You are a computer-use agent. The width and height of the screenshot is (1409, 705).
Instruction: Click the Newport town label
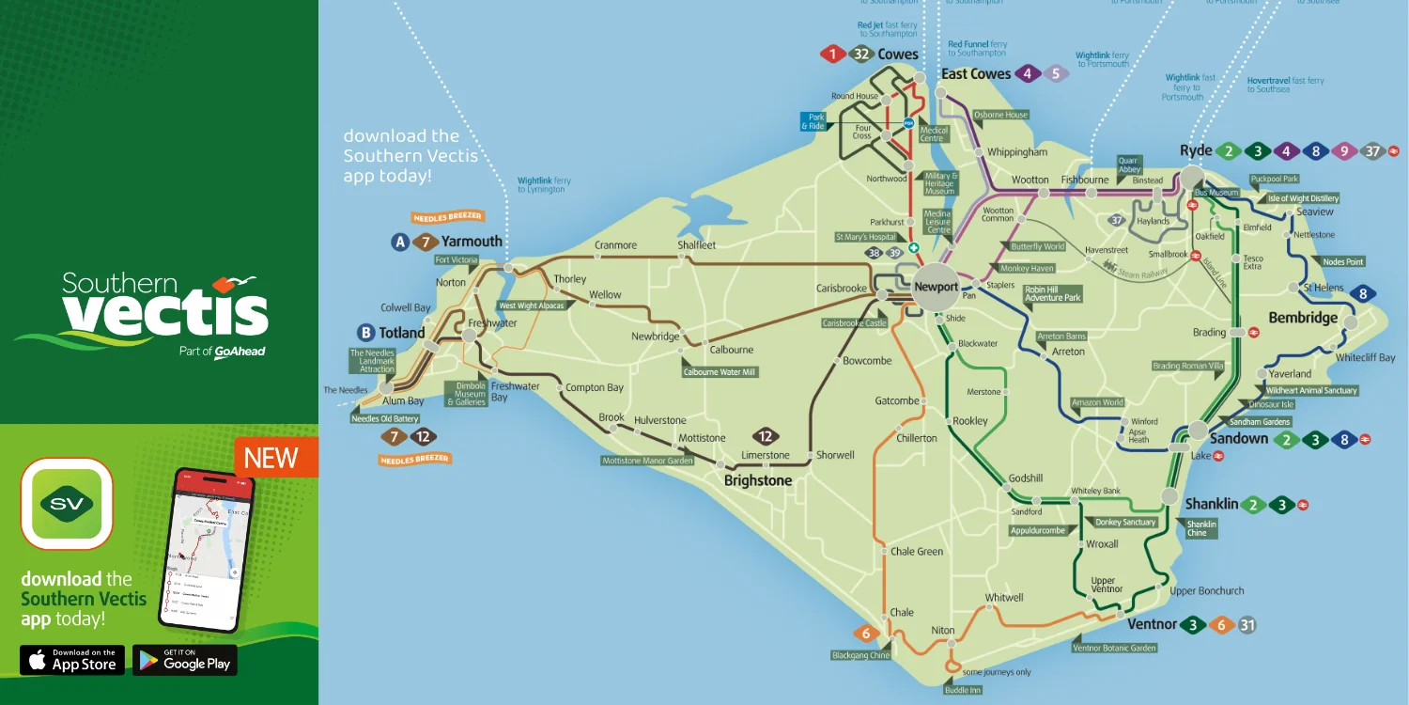pos(936,287)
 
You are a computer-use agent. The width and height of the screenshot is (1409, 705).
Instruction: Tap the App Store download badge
pos(72,660)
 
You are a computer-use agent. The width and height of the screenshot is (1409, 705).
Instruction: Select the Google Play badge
pos(185,660)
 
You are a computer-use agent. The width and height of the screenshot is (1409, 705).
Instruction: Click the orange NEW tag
pos(271,458)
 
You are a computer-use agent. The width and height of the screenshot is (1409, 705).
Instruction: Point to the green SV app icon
pos(66,504)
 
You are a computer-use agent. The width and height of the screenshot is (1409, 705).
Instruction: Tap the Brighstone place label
pos(757,480)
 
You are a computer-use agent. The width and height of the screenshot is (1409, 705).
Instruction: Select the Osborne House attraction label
pos(1000,115)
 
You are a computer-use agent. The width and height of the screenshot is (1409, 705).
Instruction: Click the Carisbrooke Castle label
pos(854,323)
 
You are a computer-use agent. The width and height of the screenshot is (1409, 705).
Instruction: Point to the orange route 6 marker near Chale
pos(866,634)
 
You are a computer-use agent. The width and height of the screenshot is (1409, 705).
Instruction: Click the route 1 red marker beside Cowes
pos(832,55)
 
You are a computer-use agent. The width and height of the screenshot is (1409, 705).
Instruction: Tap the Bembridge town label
pos(1302,318)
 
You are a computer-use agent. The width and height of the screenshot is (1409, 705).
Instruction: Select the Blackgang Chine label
pos(859,655)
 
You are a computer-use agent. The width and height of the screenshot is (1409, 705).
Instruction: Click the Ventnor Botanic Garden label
pos(1114,648)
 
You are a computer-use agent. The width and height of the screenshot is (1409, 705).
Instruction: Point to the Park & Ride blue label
pos(813,122)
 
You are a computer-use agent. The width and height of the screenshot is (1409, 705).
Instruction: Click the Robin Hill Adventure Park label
pos(1052,293)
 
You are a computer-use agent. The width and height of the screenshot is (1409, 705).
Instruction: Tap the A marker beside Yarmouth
pos(400,243)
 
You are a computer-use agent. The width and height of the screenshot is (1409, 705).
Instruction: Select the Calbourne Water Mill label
pos(720,371)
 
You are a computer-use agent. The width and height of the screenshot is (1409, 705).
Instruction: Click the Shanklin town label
pos(1211,505)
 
